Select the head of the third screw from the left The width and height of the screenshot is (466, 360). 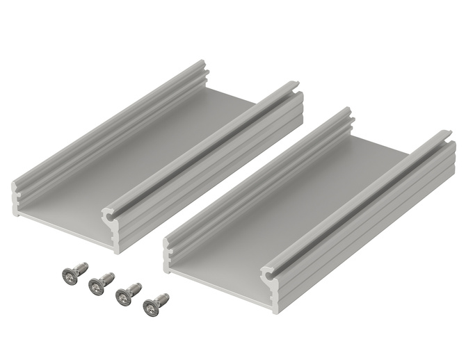pyautogui.click(x=122, y=297)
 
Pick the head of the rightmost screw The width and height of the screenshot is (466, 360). pyautogui.click(x=150, y=306)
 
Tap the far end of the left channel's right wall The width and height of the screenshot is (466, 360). pyautogui.click(x=296, y=89)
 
